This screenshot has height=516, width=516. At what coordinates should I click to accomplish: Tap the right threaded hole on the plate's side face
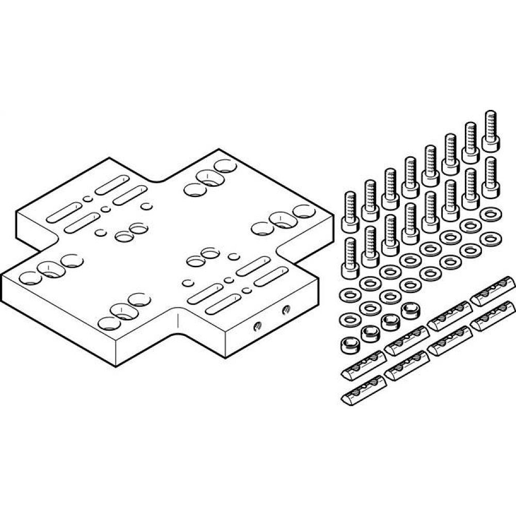[285, 310]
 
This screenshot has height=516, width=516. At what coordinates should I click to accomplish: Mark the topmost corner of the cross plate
[218, 150]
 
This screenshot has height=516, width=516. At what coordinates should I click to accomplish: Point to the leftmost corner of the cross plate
[3, 275]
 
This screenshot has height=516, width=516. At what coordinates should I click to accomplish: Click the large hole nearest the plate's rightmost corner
[304, 211]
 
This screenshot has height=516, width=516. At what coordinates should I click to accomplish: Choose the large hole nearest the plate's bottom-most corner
[109, 324]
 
